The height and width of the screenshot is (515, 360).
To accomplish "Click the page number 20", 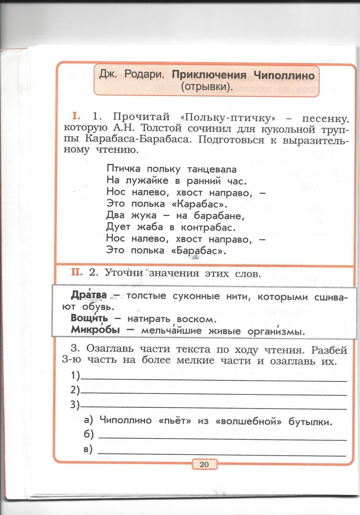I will coord(204,464).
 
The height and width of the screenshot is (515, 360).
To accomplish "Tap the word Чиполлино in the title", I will coord(284,76).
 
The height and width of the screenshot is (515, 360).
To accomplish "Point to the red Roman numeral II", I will coord(77,272).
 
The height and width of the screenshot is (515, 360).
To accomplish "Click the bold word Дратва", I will coord(89,295).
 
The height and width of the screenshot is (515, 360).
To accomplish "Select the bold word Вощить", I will coord(89,318).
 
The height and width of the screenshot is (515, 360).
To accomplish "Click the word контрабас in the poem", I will coord(208,227).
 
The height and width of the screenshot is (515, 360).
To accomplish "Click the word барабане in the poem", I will coord(219,216).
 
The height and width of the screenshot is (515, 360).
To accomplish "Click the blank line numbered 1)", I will coord(214,378).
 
